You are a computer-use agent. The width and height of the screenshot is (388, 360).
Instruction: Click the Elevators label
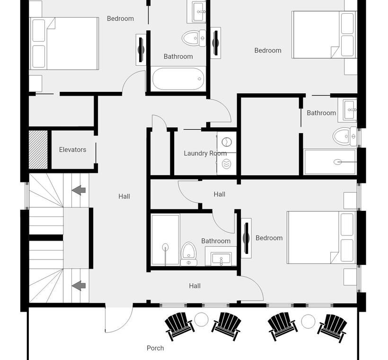point(72,150)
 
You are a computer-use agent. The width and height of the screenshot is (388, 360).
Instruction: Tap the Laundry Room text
point(205,153)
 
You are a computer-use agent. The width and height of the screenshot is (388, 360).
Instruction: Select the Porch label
point(155,348)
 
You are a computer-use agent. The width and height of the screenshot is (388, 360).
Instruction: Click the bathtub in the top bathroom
point(178,79)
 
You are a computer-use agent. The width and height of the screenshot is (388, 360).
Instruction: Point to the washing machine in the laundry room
point(227,142)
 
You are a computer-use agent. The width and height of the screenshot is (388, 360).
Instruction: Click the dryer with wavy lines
point(227,164)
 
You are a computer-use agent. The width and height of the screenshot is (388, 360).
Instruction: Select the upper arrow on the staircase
point(79,190)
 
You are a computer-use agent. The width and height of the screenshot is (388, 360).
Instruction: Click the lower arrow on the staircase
point(79,286)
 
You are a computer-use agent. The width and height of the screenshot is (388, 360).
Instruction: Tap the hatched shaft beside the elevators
point(38,150)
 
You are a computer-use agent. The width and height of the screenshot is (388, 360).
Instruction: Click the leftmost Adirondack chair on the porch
point(179,325)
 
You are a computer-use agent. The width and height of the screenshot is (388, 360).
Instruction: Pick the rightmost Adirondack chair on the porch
point(332,328)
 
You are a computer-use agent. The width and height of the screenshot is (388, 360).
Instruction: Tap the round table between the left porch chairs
point(201,319)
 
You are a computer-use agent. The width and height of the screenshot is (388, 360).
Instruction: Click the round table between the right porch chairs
point(308,321)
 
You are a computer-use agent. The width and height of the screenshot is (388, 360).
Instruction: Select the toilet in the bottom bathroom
point(188,254)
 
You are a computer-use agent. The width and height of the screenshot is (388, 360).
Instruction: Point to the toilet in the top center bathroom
point(194,38)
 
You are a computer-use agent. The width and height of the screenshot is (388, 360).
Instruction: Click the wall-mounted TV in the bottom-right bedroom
point(246,238)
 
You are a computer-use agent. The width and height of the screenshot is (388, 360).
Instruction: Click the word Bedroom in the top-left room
point(120,18)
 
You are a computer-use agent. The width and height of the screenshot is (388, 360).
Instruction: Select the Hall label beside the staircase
point(124,197)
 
